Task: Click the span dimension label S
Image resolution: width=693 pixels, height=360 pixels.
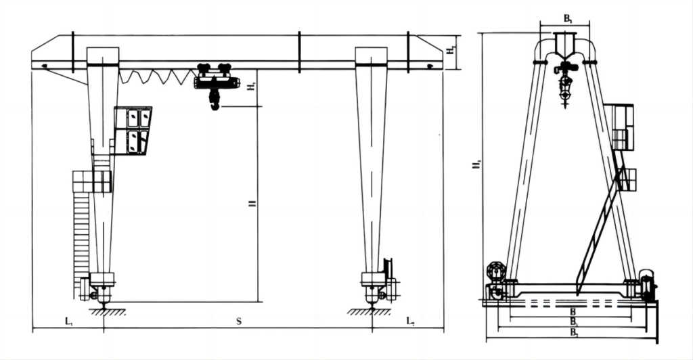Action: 239,321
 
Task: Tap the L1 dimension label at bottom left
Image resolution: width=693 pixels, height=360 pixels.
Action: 68,321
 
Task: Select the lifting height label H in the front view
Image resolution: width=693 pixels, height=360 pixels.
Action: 252,203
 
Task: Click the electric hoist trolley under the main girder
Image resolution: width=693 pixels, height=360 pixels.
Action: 216,79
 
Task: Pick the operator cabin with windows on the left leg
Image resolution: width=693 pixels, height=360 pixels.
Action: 133,130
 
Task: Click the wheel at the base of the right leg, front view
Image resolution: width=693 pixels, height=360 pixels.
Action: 371,296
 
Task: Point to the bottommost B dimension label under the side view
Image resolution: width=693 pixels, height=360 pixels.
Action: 573,333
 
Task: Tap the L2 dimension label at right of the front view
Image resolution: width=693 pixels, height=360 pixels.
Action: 410,321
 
